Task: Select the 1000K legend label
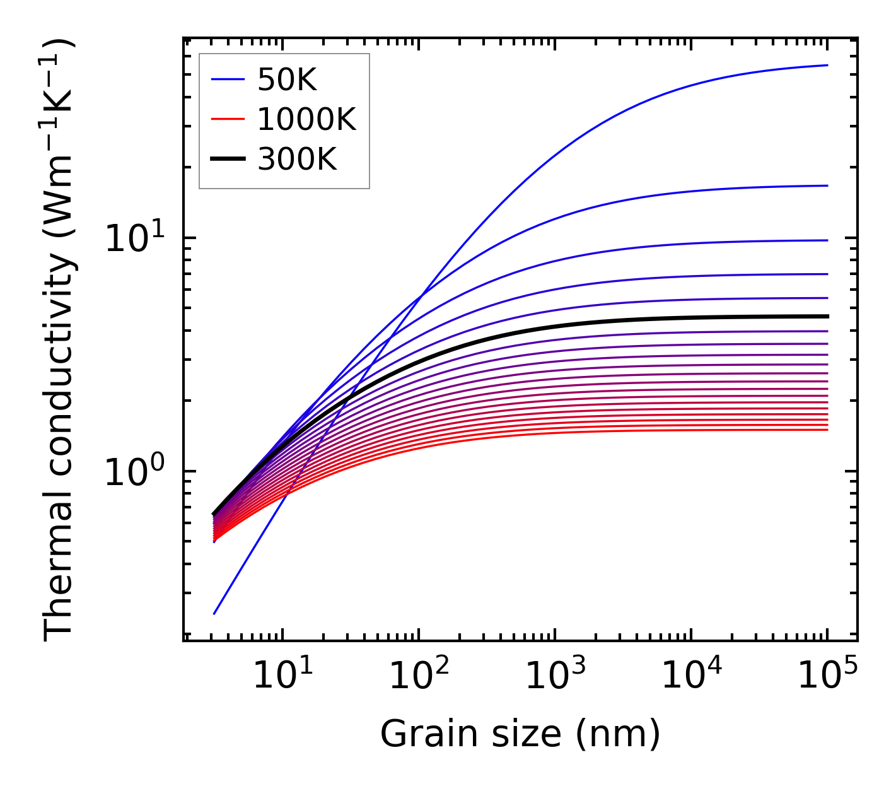pyautogui.click(x=306, y=119)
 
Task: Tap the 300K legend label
pyautogui.click(x=297, y=160)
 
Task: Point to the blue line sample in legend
pyautogui.click(x=228, y=79)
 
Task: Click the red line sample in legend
pyautogui.click(x=228, y=119)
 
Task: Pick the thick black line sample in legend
pyautogui.click(x=228, y=160)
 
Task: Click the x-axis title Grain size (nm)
pyautogui.click(x=520, y=735)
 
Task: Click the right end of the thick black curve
pyautogui.click(x=827, y=317)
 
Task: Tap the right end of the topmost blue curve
pyautogui.click(x=827, y=65)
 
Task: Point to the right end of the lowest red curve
pyautogui.click(x=827, y=430)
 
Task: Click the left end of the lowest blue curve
pyautogui.click(x=214, y=613)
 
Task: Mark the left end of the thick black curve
pyautogui.click(x=214, y=514)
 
